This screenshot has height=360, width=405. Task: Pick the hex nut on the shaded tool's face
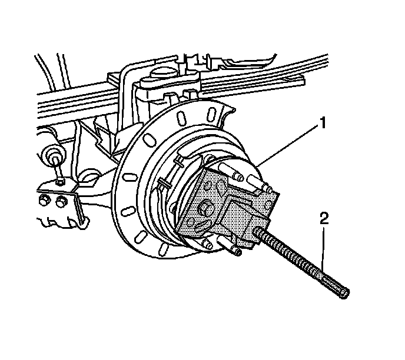click(207, 208)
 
